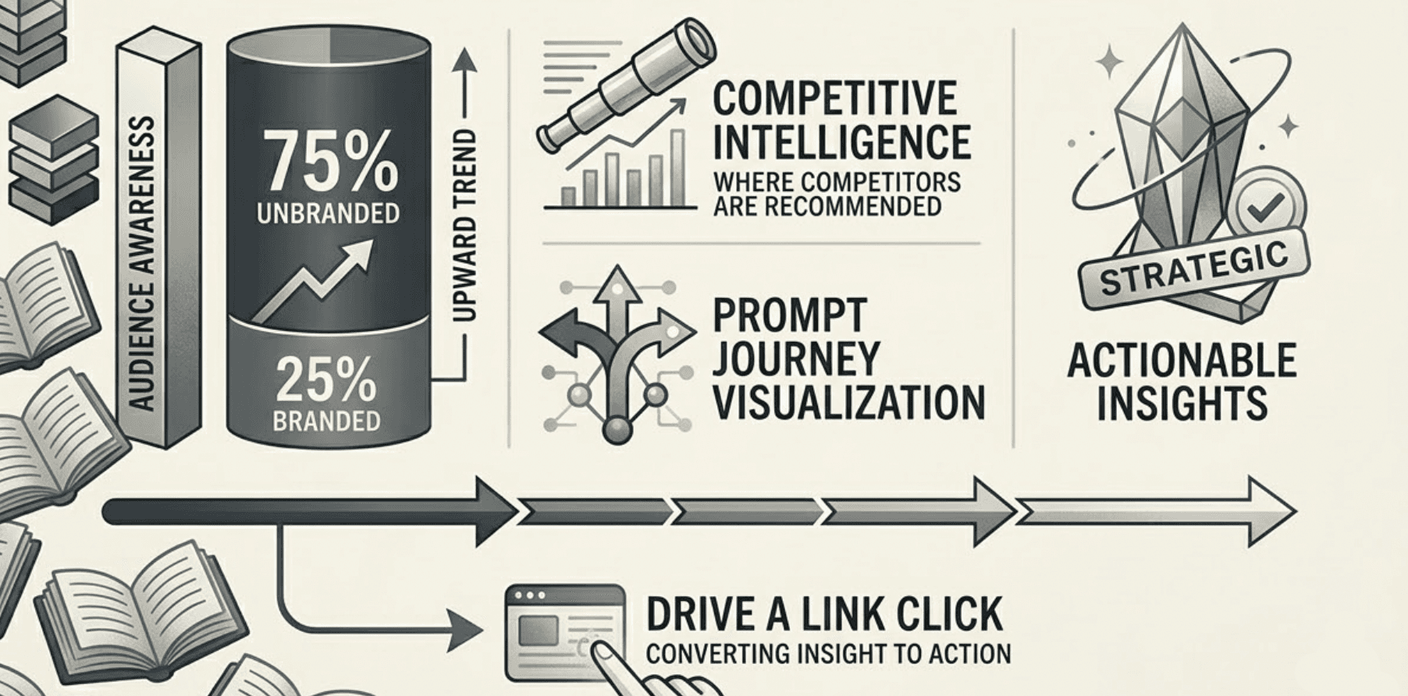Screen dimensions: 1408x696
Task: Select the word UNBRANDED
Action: pos(328,213)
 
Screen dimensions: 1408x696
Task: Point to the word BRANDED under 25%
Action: pos(326,421)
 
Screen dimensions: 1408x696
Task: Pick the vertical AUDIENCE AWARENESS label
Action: pos(141,264)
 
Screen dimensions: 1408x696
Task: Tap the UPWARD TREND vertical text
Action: pos(464,226)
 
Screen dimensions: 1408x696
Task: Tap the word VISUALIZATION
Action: pos(848,403)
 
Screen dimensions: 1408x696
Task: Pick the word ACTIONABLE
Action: pos(1181,360)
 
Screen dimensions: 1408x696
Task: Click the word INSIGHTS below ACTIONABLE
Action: pos(1181,403)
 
